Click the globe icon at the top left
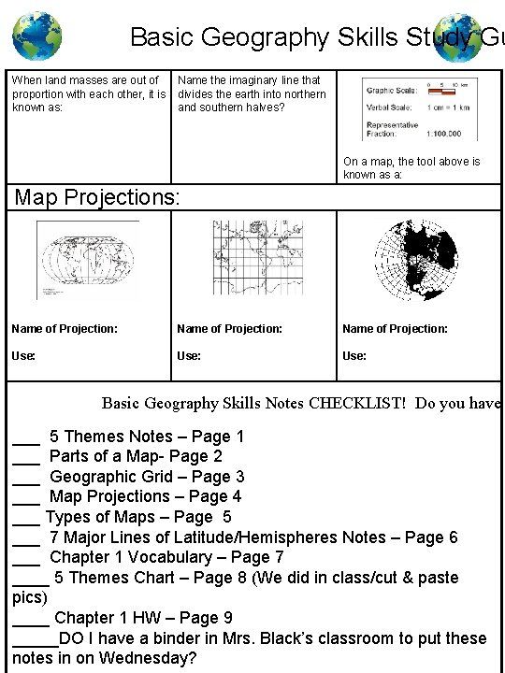(x=36, y=36)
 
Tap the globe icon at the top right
(x=459, y=36)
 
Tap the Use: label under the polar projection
(x=354, y=356)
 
